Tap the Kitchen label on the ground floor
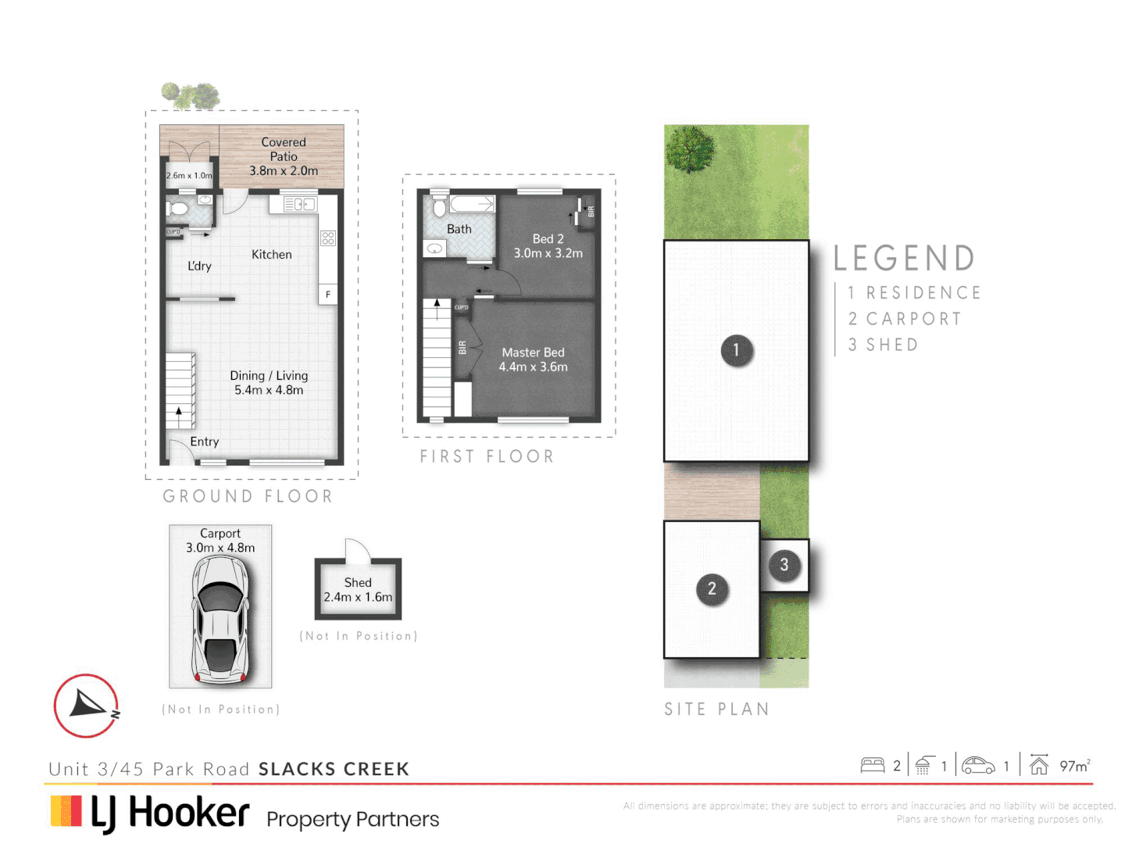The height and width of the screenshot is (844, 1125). [x=271, y=255]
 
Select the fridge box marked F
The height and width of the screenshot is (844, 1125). [x=328, y=295]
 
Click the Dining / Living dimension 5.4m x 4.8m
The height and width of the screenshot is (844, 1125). [x=269, y=390]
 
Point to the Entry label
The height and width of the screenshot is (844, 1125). [x=204, y=442]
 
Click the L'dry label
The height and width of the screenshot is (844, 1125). [x=199, y=266]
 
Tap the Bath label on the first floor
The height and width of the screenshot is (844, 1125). [x=459, y=229]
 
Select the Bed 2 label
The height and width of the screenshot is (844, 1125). [x=548, y=239]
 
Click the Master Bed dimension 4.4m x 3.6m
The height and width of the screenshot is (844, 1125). [x=533, y=367]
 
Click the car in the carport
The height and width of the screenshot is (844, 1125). [x=221, y=620]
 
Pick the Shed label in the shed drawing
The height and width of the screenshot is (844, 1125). [x=358, y=583]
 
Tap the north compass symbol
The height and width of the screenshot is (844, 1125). [x=86, y=706]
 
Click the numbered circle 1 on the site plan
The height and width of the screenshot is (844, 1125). [x=736, y=350]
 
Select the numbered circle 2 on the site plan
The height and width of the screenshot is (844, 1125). [x=711, y=588]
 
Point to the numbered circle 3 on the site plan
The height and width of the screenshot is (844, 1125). [x=784, y=565]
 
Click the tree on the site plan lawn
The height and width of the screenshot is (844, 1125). [x=690, y=148]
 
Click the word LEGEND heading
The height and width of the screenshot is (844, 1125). [x=904, y=258]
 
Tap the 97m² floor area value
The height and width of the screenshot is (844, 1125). [x=1074, y=766]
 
